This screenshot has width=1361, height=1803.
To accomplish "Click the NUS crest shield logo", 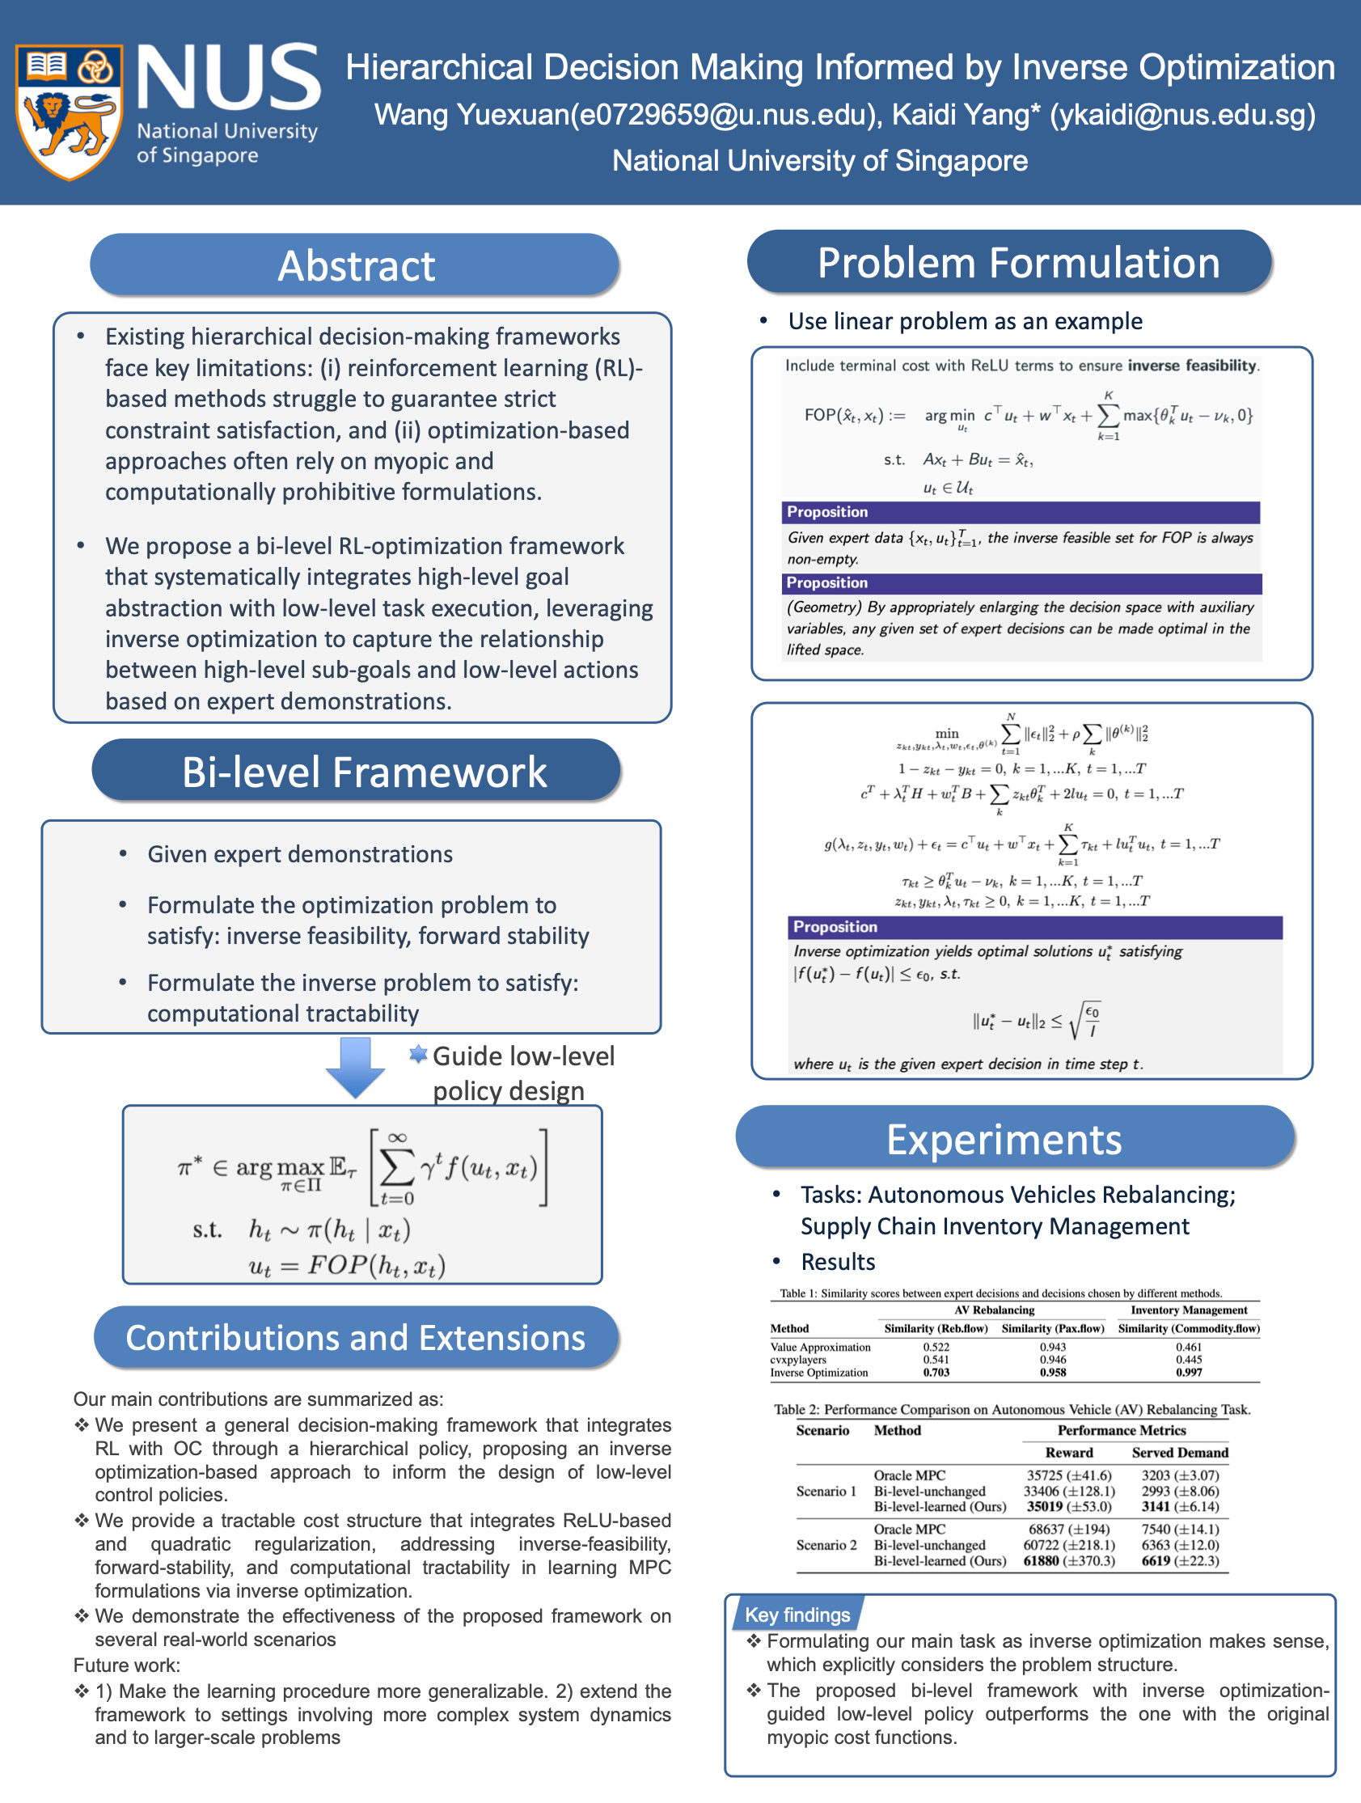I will click(70, 112).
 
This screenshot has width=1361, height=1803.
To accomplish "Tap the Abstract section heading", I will click(355, 266).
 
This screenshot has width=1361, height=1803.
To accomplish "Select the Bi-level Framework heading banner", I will click(363, 772).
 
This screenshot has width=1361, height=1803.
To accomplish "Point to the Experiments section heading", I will click(1004, 1139).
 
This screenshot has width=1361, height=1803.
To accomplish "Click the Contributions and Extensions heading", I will click(355, 1338).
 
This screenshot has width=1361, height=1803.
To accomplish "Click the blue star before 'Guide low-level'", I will click(418, 1055).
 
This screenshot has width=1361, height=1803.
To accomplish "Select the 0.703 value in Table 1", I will click(936, 1373).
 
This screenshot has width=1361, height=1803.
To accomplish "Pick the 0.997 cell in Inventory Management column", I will click(1188, 1373).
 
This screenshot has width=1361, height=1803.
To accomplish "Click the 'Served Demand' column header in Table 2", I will click(1179, 1453).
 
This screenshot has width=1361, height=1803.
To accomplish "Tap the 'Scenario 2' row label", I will click(826, 1545).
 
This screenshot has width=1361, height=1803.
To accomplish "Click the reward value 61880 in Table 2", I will click(1041, 1561).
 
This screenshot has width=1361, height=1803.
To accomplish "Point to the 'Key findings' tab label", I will click(797, 1615).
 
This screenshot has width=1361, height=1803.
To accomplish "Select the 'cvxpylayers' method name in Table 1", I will click(798, 1360).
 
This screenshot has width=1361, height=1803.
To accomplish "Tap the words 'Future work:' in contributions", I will click(126, 1665).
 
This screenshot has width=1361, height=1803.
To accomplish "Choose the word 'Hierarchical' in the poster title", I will click(438, 67).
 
